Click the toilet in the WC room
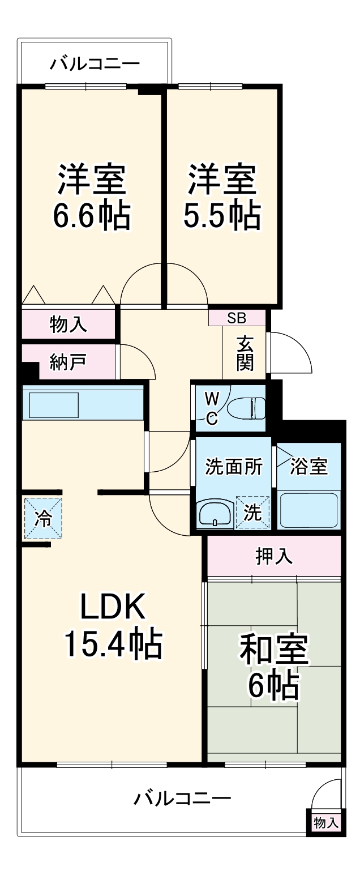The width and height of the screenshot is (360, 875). (x=246, y=407)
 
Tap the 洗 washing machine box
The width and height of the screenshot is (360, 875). (x=252, y=513)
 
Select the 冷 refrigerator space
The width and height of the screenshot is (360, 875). (x=43, y=518)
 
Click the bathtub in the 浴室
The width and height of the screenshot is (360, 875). (x=308, y=510)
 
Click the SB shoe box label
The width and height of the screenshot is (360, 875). (x=237, y=318)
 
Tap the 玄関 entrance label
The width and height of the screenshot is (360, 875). (x=245, y=353)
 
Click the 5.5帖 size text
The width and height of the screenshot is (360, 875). (x=222, y=215)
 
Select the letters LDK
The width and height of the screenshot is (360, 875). (x=113, y=608)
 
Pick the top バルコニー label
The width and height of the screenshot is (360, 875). (x=94, y=63)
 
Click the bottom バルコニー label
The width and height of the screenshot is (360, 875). (x=182, y=799)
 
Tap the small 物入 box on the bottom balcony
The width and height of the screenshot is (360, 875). (x=326, y=823)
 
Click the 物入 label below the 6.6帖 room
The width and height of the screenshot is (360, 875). (x=68, y=325)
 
